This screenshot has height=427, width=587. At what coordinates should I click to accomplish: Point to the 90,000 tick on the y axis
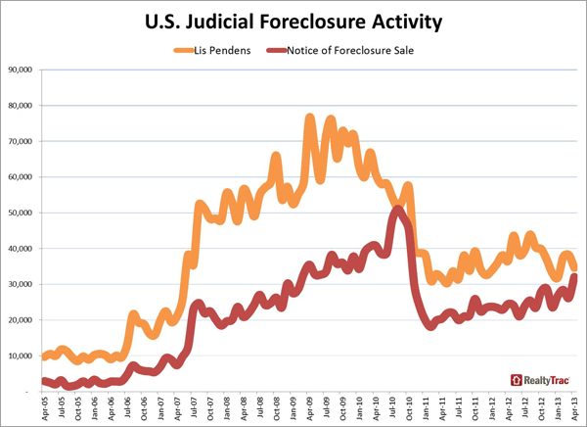[x=22, y=70]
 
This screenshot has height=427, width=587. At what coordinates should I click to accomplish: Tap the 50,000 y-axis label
[x=22, y=213]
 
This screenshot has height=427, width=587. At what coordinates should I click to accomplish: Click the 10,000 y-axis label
[x=22, y=356]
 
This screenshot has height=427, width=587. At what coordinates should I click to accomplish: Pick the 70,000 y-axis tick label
[x=22, y=141]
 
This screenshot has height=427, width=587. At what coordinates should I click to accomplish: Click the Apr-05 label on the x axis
[x=43, y=407]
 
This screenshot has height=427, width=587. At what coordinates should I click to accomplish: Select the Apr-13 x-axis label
[x=576, y=407]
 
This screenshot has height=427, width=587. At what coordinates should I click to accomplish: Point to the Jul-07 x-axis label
[x=193, y=407]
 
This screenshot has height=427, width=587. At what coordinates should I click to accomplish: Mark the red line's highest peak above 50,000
[x=396, y=209]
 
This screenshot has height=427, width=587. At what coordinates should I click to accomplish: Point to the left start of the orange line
[x=44, y=357]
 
